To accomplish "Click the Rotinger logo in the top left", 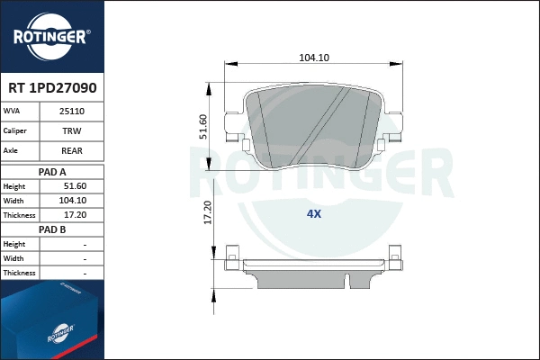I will (50, 36).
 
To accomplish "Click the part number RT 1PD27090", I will (51, 89).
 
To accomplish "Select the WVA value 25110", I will (72, 111).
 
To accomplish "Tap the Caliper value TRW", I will (72, 131).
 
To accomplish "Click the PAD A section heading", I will (52, 171).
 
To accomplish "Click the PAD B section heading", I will (52, 229).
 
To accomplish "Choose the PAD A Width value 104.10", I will (72, 201).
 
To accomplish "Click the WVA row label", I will (13, 111).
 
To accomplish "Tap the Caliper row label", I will (15, 131).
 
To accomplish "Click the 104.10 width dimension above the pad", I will (313, 58).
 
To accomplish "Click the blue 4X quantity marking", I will (313, 214).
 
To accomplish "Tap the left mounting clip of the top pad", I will (237, 142).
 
